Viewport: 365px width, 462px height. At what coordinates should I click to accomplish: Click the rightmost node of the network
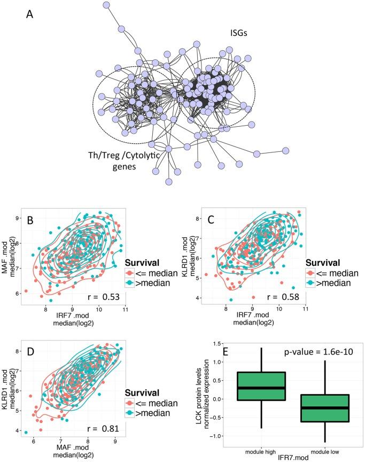[x=286, y=150]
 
